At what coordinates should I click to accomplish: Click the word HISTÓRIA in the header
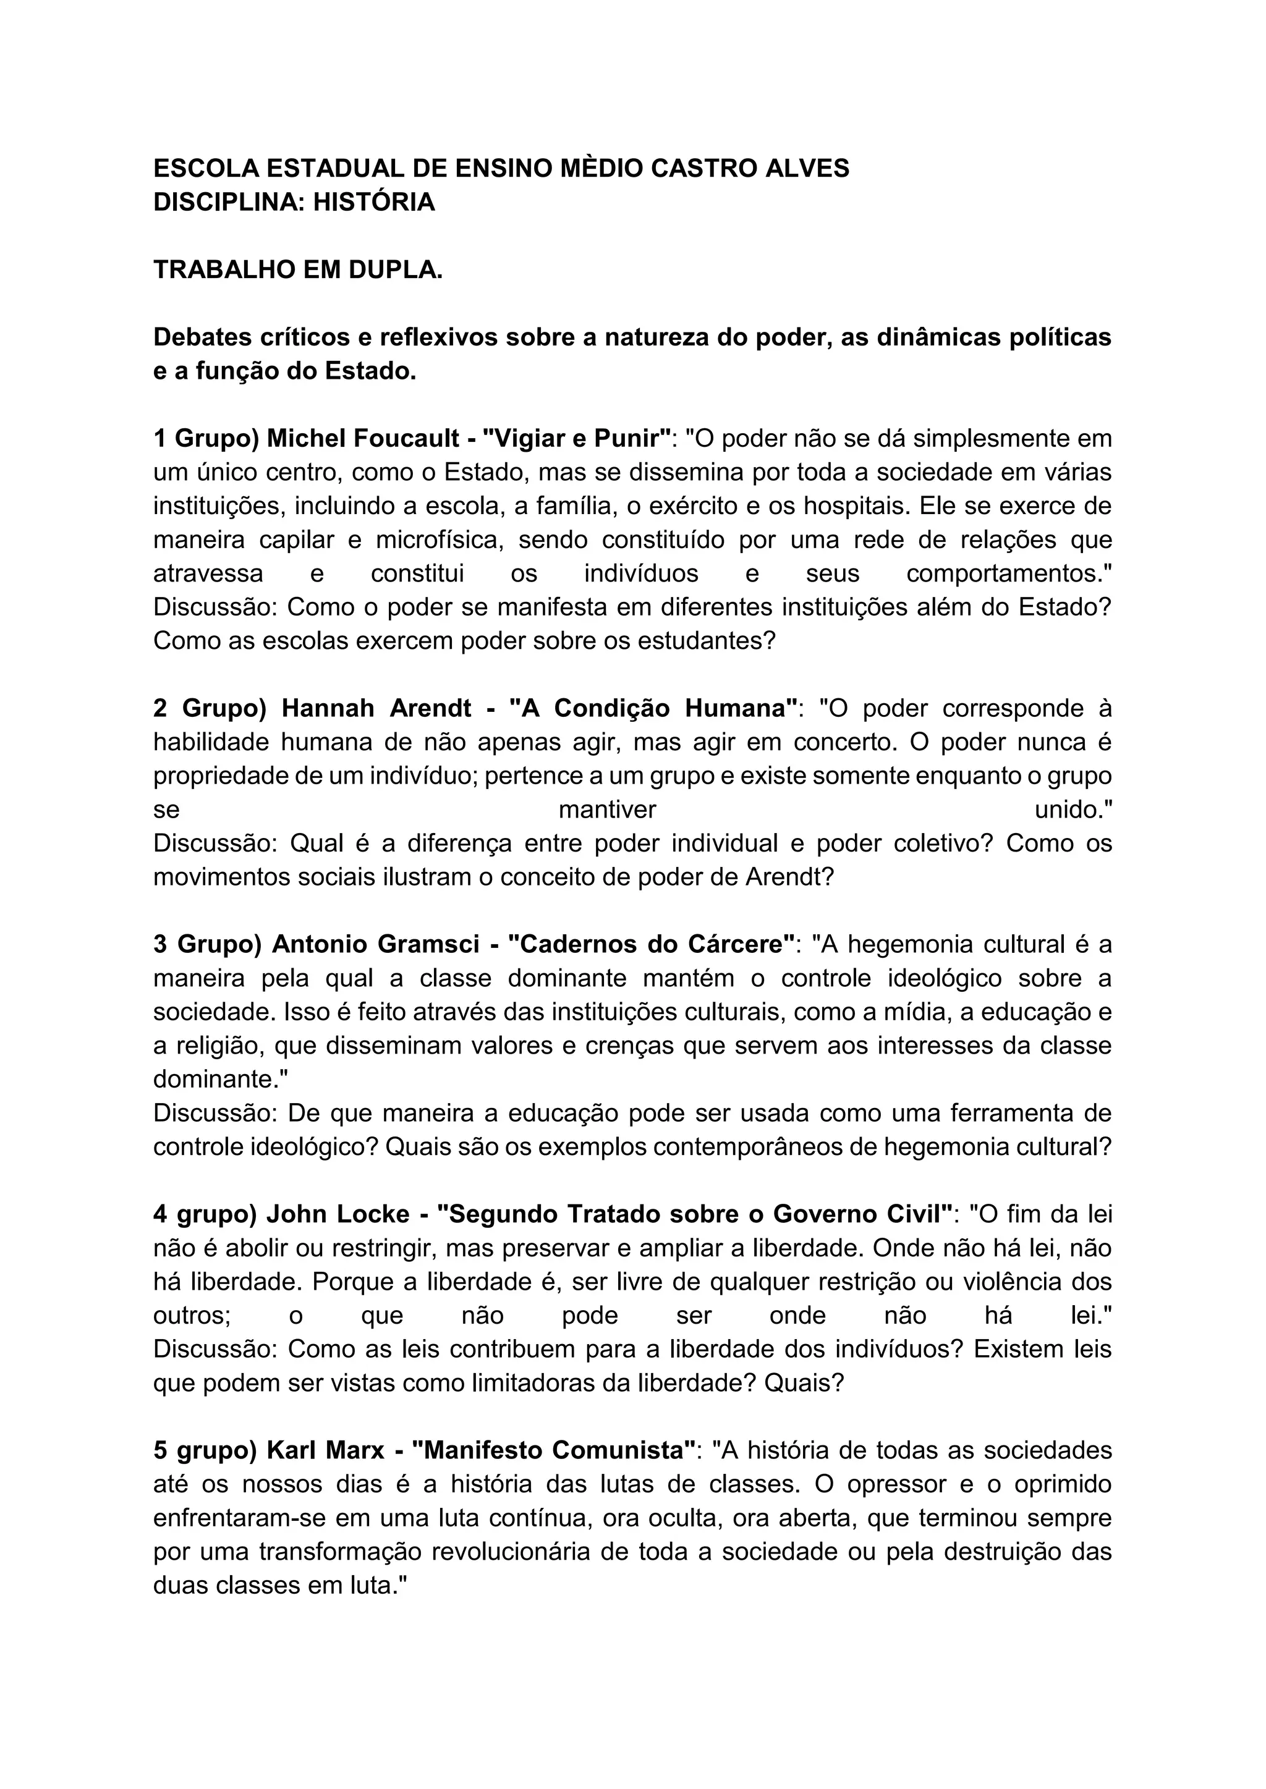pos(373,202)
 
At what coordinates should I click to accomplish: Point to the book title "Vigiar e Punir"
pos(576,439)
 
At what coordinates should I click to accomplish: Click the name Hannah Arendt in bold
pos(376,708)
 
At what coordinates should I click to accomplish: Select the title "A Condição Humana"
pos(653,708)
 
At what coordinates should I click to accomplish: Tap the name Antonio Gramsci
pos(375,944)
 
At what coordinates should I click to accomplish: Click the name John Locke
pos(338,1214)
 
